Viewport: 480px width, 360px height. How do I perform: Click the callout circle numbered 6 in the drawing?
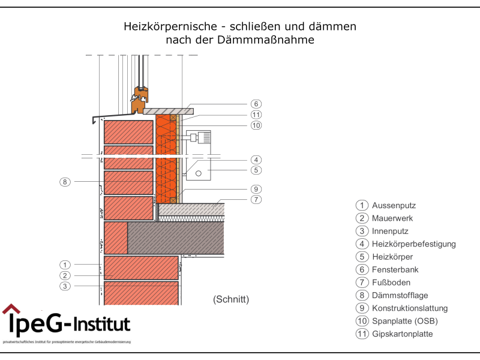[256, 104]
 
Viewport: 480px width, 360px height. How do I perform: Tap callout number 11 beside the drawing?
[256, 115]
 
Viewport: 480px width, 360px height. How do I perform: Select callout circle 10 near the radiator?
[256, 125]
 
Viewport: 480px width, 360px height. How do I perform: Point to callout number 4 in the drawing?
[256, 160]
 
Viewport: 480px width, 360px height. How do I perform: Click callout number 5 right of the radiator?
[256, 170]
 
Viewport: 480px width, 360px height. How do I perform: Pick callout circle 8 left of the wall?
[65, 181]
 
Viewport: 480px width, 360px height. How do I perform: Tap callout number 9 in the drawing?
[256, 188]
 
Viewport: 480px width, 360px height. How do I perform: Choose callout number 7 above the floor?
[256, 199]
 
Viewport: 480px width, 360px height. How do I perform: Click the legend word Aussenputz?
[394, 205]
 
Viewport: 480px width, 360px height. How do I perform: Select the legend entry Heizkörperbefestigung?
[414, 244]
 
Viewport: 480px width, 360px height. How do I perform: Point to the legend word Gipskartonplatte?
[402, 334]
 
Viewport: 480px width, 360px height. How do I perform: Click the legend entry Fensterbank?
[395, 269]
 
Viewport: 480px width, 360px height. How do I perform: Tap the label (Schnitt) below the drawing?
[231, 299]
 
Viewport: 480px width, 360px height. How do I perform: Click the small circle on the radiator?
[199, 173]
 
